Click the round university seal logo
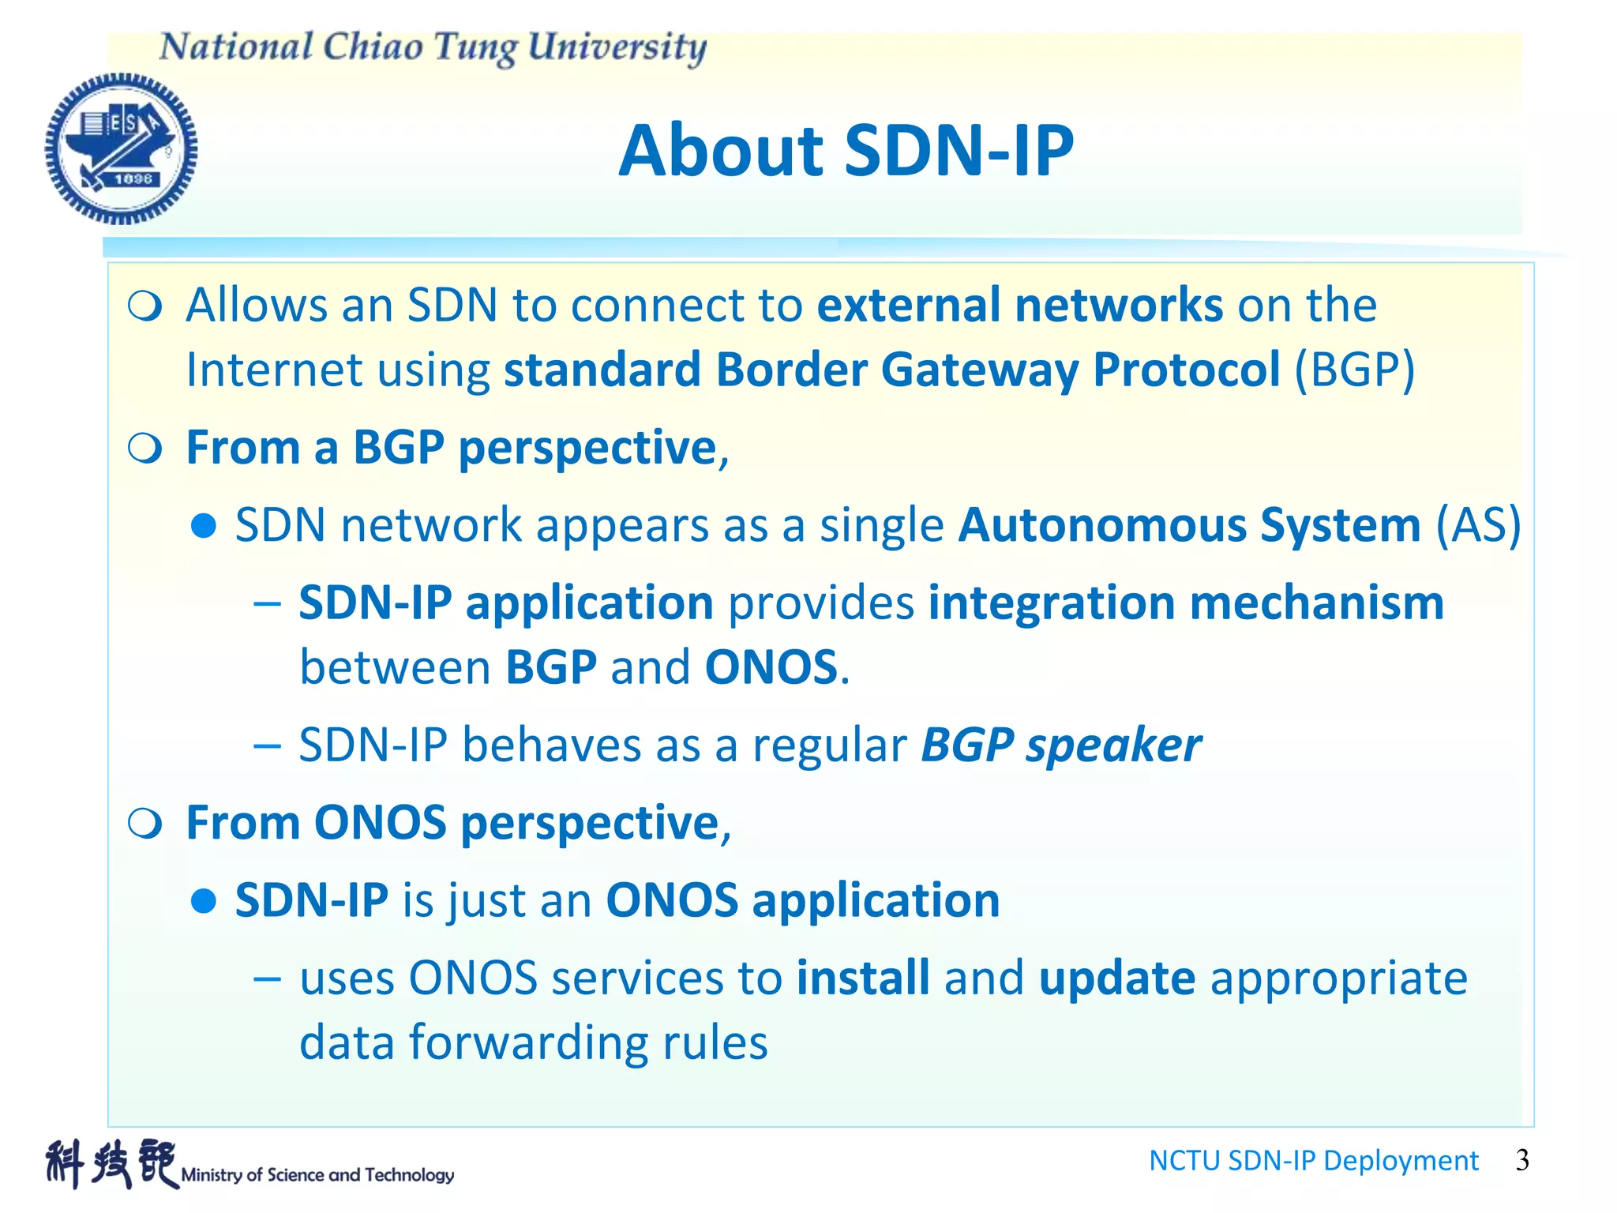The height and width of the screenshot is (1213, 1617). (121, 148)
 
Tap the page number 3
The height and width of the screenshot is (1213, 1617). (1522, 1159)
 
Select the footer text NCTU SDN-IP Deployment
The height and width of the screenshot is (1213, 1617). (1313, 1160)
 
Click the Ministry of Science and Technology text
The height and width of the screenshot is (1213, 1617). (317, 1174)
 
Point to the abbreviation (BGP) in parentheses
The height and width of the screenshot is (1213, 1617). (1354, 369)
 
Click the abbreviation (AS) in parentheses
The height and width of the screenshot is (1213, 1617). (1477, 524)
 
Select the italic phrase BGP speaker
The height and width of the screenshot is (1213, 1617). (1061, 745)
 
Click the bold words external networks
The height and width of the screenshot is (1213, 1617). (1019, 306)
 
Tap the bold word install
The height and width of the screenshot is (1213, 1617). (863, 978)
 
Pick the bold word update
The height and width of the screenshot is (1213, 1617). (1116, 978)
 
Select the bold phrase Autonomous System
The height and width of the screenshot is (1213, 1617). (1189, 524)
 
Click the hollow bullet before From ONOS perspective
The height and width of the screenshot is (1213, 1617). (145, 824)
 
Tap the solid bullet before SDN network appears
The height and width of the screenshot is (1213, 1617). (204, 526)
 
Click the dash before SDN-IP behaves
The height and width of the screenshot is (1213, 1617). (268, 745)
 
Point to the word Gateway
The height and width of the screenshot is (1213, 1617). (979, 369)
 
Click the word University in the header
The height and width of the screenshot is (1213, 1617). (616, 47)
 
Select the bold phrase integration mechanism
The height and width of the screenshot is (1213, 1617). (1186, 603)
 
